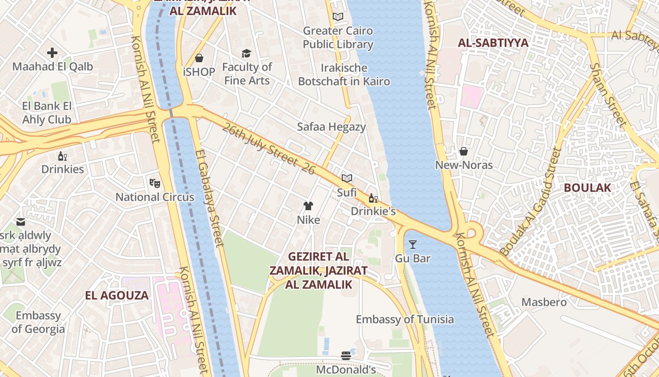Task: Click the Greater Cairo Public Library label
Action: [x=338, y=38]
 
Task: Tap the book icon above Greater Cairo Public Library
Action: [x=338, y=17]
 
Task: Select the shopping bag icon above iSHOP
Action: [x=199, y=58]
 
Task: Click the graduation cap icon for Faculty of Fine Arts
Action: [x=246, y=53]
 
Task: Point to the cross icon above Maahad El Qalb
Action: [x=52, y=53]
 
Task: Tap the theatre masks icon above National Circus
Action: [x=154, y=182]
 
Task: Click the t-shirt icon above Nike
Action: [x=308, y=206]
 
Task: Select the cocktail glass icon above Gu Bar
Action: [x=413, y=245]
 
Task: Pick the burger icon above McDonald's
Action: [x=346, y=356]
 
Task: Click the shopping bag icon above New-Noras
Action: [x=464, y=151]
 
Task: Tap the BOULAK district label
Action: [x=587, y=188]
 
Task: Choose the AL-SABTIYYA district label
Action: [x=493, y=43]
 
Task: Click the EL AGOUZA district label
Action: [x=117, y=295]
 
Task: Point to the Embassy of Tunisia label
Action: [x=405, y=320]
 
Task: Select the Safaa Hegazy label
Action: [x=331, y=127]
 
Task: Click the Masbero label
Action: [x=544, y=302]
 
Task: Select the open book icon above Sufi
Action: [x=347, y=179]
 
